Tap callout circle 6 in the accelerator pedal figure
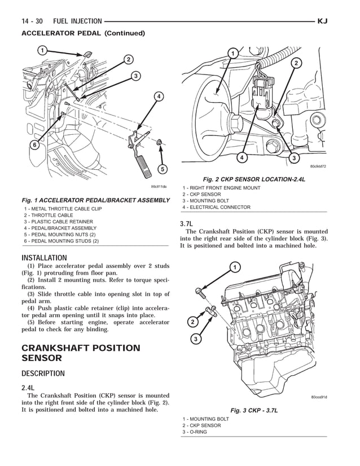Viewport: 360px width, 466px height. [34, 145]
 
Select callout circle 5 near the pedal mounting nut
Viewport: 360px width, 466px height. [162, 168]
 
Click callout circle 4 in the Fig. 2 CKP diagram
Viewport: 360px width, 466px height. [241, 158]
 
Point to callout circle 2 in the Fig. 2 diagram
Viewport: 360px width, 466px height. [295, 63]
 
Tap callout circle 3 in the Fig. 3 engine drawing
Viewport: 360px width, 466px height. [195, 339]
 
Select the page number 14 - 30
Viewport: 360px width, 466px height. [32, 21]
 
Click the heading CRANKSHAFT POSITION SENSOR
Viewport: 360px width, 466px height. [80, 353]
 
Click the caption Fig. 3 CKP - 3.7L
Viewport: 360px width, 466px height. [253, 410]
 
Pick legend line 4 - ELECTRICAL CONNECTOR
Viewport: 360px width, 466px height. [216, 207]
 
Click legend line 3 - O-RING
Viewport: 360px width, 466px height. [195, 432]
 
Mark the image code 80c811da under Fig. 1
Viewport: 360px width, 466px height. [159, 187]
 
